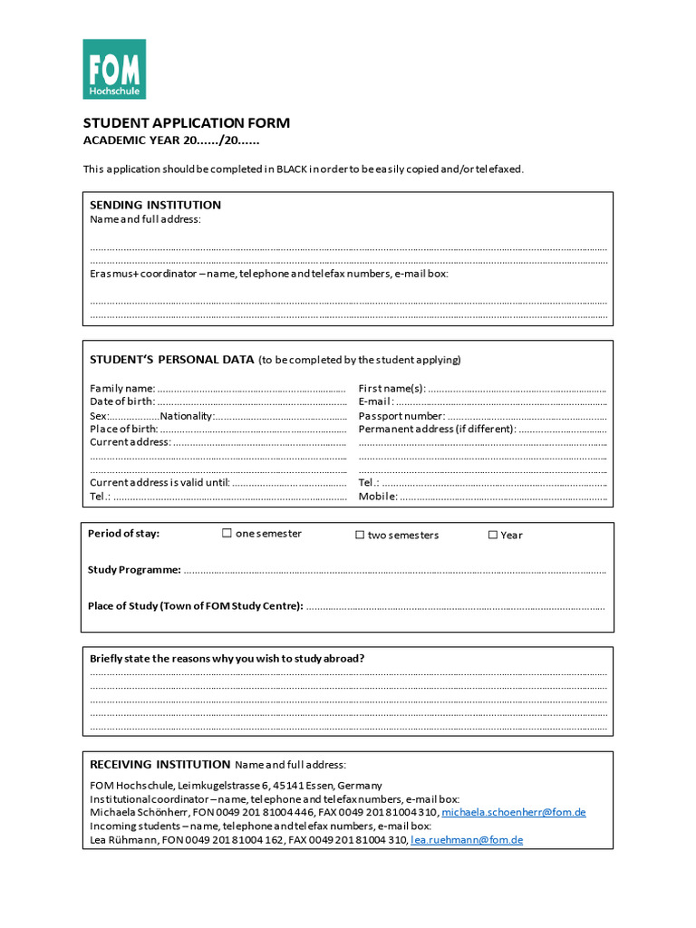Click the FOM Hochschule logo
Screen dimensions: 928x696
click(114, 69)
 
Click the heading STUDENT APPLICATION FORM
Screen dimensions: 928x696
click(187, 123)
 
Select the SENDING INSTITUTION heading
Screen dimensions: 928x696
click(155, 205)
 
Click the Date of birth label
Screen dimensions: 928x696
click(121, 401)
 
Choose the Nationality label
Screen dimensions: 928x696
click(187, 416)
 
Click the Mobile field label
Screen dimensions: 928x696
click(378, 497)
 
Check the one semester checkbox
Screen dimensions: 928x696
click(227, 534)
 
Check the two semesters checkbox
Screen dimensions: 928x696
click(360, 536)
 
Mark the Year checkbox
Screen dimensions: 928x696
click(493, 536)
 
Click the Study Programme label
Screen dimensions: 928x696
click(134, 570)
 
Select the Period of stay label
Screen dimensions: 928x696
click(123, 534)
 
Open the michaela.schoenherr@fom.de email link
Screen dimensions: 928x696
click(513, 813)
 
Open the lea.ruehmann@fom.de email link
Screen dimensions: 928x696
click(467, 841)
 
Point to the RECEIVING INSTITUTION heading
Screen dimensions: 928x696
click(159, 765)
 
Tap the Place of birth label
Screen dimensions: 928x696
click(123, 430)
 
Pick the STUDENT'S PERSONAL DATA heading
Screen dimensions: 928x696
click(171, 360)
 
